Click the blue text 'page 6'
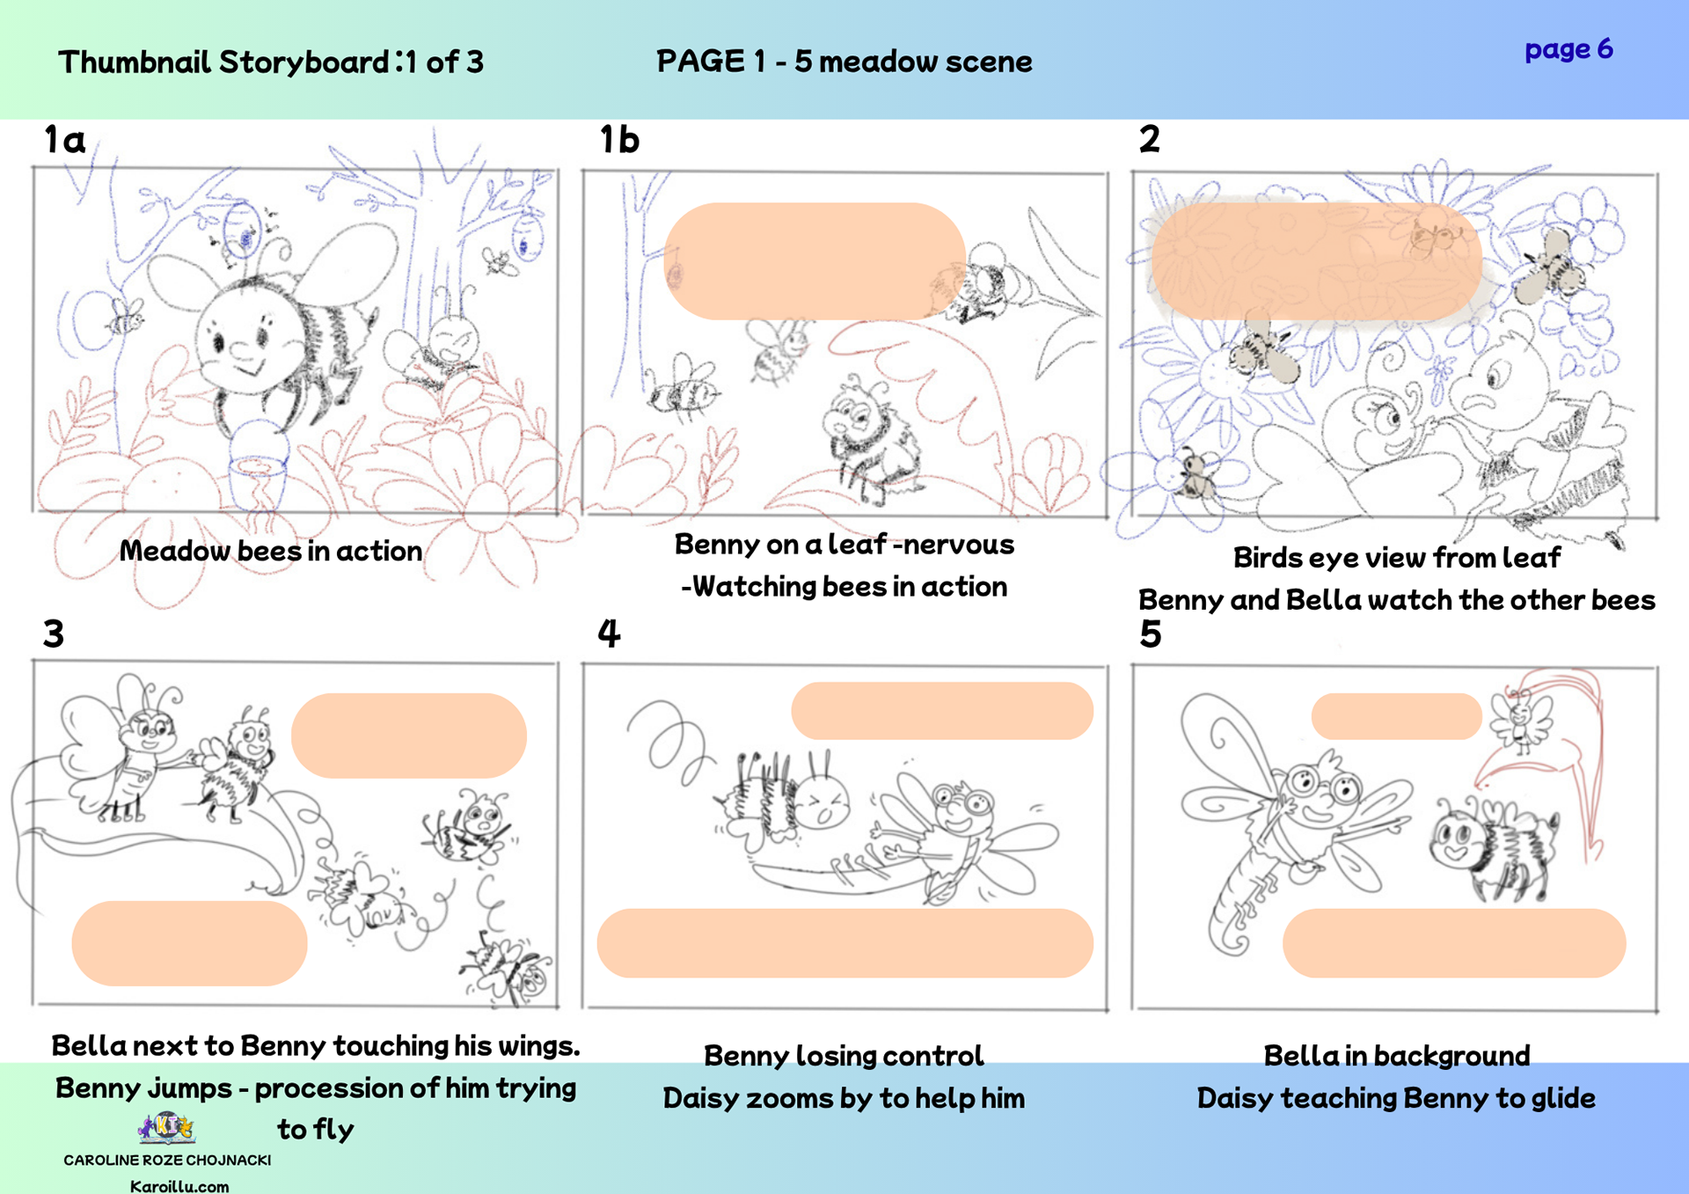tap(1568, 49)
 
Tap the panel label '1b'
tap(619, 139)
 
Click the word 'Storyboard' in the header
tap(303, 62)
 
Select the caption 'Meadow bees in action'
tap(271, 551)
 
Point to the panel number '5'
tap(1151, 634)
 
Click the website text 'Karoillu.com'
tap(179, 1186)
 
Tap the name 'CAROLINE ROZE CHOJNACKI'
tap(167, 1160)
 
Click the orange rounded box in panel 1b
tap(815, 261)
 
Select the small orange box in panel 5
tap(1396, 716)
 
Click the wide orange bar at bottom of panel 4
tap(845, 943)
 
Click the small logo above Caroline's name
tap(167, 1127)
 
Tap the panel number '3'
tap(54, 634)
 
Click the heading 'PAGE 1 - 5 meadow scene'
tap(844, 62)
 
